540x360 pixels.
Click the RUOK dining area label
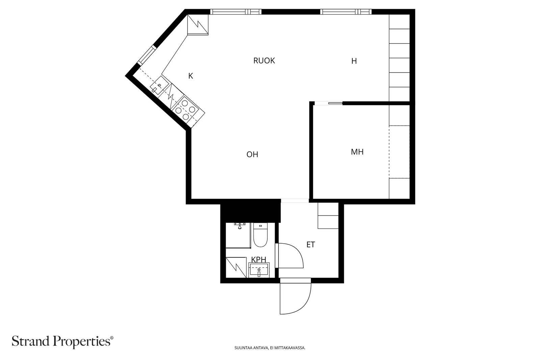point(264,60)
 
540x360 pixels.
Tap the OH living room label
point(252,154)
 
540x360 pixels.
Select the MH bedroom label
point(357,152)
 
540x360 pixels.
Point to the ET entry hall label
point(310,245)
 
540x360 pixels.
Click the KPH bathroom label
point(259,259)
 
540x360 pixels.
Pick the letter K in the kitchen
point(190,76)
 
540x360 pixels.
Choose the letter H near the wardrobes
point(354,61)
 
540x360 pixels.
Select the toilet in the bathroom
point(260,235)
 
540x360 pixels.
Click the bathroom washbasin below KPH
point(259,270)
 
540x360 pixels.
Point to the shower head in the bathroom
point(240,226)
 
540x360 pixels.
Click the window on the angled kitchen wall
point(147,55)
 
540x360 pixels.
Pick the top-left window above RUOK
point(236,11)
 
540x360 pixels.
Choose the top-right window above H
point(346,11)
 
